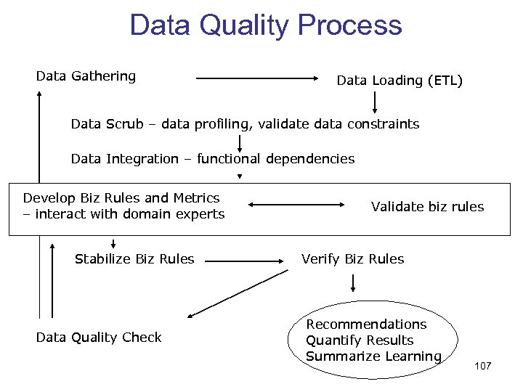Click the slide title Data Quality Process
pyautogui.click(x=265, y=25)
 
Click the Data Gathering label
pyautogui.click(x=86, y=76)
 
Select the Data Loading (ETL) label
pyautogui.click(x=400, y=81)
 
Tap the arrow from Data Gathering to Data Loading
pyautogui.click(x=261, y=78)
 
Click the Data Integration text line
pyautogui.click(x=213, y=159)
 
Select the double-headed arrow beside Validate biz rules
pyautogui.click(x=305, y=206)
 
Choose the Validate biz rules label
pyautogui.click(x=427, y=207)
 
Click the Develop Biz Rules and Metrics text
pyautogui.click(x=121, y=198)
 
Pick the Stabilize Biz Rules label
pyautogui.click(x=134, y=259)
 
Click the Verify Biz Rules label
pyautogui.click(x=353, y=259)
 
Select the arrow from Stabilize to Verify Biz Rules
pyautogui.click(x=247, y=259)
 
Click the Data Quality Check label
pyautogui.click(x=99, y=338)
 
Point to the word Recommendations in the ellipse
pyautogui.click(x=366, y=324)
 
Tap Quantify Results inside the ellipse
pyautogui.click(x=360, y=340)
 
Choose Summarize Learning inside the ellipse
pyautogui.click(x=373, y=356)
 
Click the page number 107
pyautogui.click(x=483, y=366)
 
